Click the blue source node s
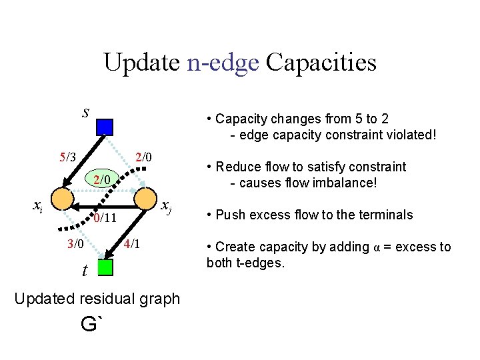pyautogui.click(x=105, y=127)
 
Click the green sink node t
pyautogui.click(x=105, y=267)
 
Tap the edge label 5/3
pyautogui.click(x=68, y=157)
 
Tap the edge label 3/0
pyautogui.click(x=75, y=243)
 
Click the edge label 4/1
pyautogui.click(x=132, y=243)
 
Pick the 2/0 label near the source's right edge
pyautogui.click(x=143, y=157)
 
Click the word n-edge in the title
pyautogui.click(x=223, y=63)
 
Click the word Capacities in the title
pyautogui.click(x=321, y=63)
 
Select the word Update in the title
pyautogui.click(x=141, y=63)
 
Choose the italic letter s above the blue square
pyautogui.click(x=85, y=111)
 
